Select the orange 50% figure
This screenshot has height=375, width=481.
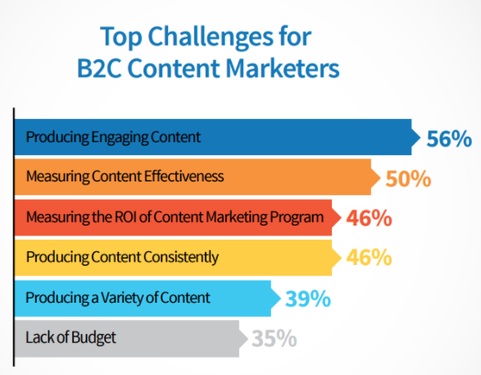click(x=407, y=178)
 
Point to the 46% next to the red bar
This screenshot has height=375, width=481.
click(x=369, y=218)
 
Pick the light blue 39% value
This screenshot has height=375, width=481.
click(x=307, y=298)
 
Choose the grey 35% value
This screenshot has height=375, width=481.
click(x=275, y=337)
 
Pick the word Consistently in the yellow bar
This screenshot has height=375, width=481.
click(x=184, y=258)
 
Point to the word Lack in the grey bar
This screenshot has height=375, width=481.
click(x=38, y=336)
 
